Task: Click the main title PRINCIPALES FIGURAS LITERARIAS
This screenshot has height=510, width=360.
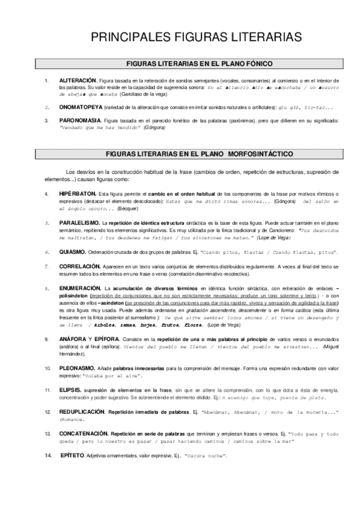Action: (196, 38)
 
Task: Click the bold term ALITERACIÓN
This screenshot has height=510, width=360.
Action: (78, 80)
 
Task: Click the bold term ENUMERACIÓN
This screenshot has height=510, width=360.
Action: (80, 290)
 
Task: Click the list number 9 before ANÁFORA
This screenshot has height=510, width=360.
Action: (47, 340)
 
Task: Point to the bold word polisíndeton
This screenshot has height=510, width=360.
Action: (75, 297)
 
